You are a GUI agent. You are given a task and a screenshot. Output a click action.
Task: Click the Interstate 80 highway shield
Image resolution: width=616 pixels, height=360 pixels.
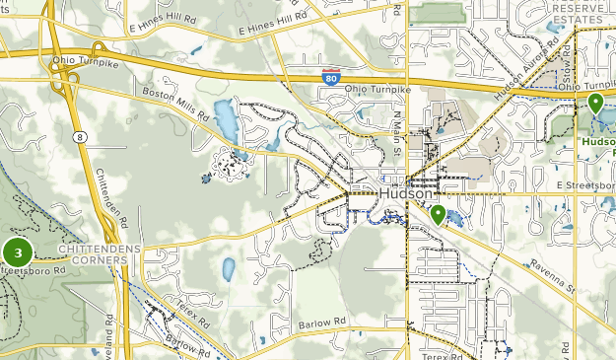pos(331,75)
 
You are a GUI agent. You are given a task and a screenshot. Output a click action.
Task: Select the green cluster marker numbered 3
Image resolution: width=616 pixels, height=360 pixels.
pos(18,252)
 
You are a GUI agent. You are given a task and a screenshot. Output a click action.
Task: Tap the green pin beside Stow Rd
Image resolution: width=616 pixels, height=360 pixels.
pos(594,103)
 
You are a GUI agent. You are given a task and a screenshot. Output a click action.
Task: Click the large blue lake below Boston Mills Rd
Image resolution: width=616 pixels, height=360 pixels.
pos(225,120)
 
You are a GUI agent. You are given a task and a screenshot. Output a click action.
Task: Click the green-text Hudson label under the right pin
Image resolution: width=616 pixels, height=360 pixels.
pos(598,141)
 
